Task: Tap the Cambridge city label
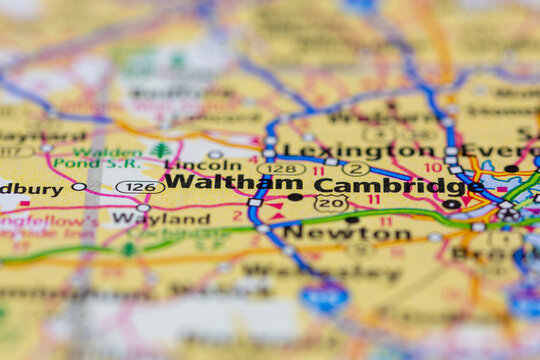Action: coord(398,185)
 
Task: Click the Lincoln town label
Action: coord(203,164)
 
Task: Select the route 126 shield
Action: coord(140,187)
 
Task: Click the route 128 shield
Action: coord(282,169)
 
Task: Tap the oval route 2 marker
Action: coord(356,169)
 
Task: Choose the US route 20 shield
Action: coord(331,203)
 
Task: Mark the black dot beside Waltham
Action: coord(295,197)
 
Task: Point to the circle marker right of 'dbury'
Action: coord(78,187)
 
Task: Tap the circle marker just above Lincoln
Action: coord(215,155)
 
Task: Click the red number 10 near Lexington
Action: coord(433,167)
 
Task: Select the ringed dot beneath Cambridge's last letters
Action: coord(452,204)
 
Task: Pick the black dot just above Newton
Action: coord(351,219)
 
